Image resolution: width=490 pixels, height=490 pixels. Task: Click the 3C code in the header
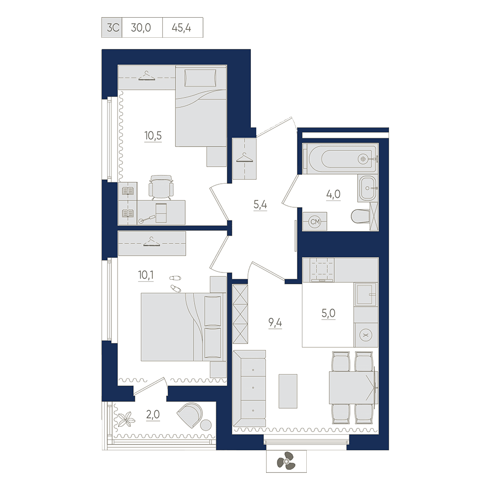[x=113, y=28]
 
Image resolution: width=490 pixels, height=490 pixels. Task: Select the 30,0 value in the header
[x=141, y=28]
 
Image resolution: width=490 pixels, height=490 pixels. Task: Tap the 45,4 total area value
[x=181, y=28]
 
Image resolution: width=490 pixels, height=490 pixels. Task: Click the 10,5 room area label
[x=153, y=136]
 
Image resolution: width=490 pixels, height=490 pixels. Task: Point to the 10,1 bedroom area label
[x=146, y=275]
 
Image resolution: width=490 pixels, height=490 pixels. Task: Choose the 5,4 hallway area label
[x=260, y=205]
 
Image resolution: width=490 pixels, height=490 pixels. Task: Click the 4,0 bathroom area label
[x=333, y=195]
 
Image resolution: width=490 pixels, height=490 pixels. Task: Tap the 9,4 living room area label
[x=275, y=322]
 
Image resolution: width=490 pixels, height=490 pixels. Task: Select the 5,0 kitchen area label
[x=328, y=313]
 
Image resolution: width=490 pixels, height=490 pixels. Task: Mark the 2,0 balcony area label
[x=153, y=415]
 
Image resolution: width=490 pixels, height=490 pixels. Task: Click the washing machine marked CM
[x=315, y=221]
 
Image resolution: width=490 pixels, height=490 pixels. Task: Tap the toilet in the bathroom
[x=360, y=216]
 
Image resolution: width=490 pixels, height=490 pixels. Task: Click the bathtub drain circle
[x=363, y=159]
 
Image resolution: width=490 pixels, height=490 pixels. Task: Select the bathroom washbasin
[x=367, y=188]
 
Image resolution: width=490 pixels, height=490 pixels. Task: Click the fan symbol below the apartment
[x=286, y=461]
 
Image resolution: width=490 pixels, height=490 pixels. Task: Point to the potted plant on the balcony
[x=126, y=418]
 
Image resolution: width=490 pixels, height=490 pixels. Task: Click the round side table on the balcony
[x=206, y=425]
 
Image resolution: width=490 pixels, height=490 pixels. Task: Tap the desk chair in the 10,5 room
[x=161, y=188]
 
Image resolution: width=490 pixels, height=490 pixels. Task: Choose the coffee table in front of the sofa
[x=288, y=391]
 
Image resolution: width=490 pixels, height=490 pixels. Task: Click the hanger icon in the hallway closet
[x=245, y=158]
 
